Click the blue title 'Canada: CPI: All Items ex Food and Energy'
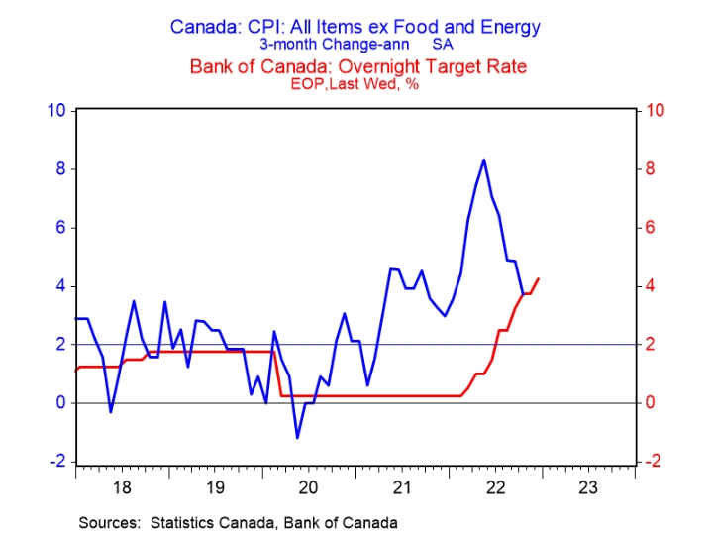(x=355, y=27)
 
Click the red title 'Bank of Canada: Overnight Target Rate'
(x=355, y=67)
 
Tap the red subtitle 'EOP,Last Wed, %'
(x=355, y=86)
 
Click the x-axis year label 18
(x=123, y=486)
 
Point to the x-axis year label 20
(x=308, y=486)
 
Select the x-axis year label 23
(x=586, y=486)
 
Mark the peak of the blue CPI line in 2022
(x=483, y=160)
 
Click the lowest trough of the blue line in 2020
(x=297, y=437)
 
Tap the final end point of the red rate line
(x=538, y=278)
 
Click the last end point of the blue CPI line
(x=523, y=293)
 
